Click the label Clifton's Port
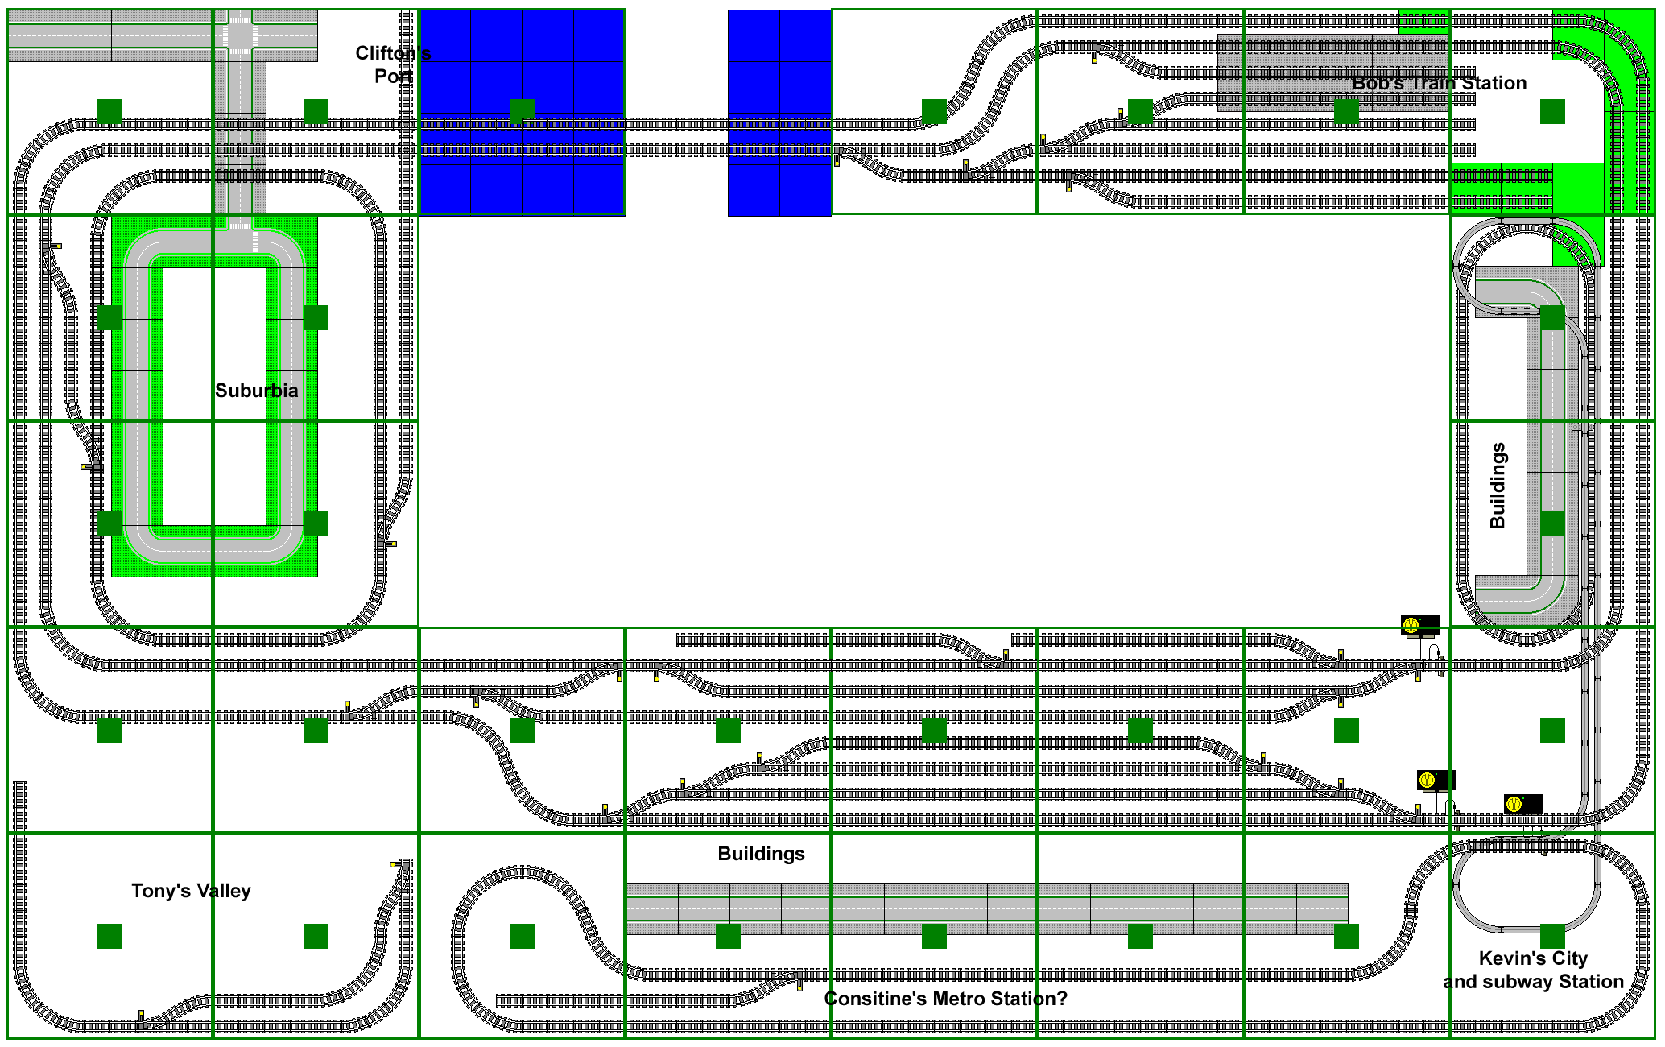[393, 64]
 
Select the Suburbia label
[256, 391]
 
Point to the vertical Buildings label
[1498, 486]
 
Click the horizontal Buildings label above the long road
[761, 854]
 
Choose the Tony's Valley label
[191, 891]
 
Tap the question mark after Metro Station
[1062, 999]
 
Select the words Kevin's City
[1533, 958]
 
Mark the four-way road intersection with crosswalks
[239, 35]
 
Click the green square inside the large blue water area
[522, 111]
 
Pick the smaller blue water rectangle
[779, 113]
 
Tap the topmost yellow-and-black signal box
[1420, 627]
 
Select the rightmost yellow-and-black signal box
[1523, 804]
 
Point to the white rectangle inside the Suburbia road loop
[214, 395]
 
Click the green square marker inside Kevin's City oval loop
[1552, 936]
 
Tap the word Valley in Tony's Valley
[222, 891]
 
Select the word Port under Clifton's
[394, 77]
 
